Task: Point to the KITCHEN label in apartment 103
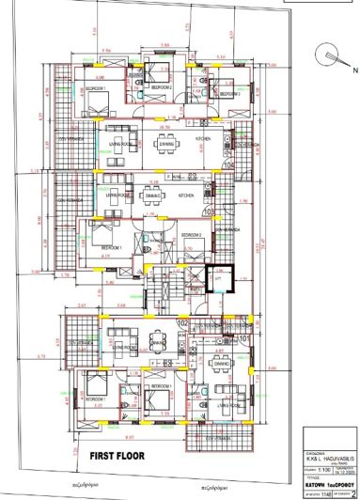(186, 195)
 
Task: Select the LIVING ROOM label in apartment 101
(228, 405)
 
